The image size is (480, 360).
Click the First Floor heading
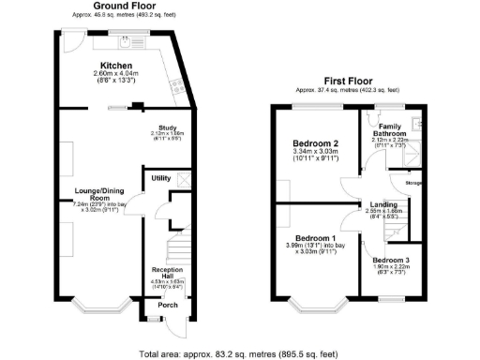click(x=344, y=82)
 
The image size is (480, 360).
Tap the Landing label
click(x=383, y=204)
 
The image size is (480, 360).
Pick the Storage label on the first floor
click(x=412, y=184)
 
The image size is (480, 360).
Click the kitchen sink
click(x=125, y=41)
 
